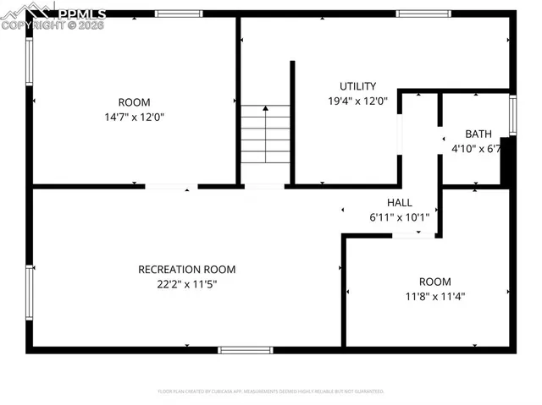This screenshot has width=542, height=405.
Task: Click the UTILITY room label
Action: coord(357,86)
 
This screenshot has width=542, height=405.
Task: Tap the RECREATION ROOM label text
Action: coord(186,270)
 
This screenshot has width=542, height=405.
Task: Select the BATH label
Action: coord(478,134)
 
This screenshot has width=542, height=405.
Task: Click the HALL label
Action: coord(399,203)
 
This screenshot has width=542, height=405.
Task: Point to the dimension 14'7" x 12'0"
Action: coord(134,118)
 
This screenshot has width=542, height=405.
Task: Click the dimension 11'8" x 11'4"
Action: coord(434,296)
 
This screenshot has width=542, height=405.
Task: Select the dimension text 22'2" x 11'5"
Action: coord(186,285)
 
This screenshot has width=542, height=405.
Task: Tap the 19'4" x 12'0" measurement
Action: coord(357,101)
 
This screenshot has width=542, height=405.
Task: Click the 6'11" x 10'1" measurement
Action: coord(399,217)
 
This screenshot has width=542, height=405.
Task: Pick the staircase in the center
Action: coord(265,135)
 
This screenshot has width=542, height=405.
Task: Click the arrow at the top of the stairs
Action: coord(265,109)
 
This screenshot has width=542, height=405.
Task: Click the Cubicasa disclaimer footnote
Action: coord(271,391)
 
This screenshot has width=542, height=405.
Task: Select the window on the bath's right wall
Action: coord(512,116)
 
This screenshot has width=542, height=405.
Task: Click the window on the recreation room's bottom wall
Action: coord(246,349)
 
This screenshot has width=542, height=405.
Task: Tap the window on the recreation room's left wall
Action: coord(30,293)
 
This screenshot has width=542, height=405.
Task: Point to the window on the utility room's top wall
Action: coord(423,14)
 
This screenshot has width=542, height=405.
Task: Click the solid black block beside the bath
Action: coord(506,161)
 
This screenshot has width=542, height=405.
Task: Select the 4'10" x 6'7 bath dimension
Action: coord(476,149)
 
